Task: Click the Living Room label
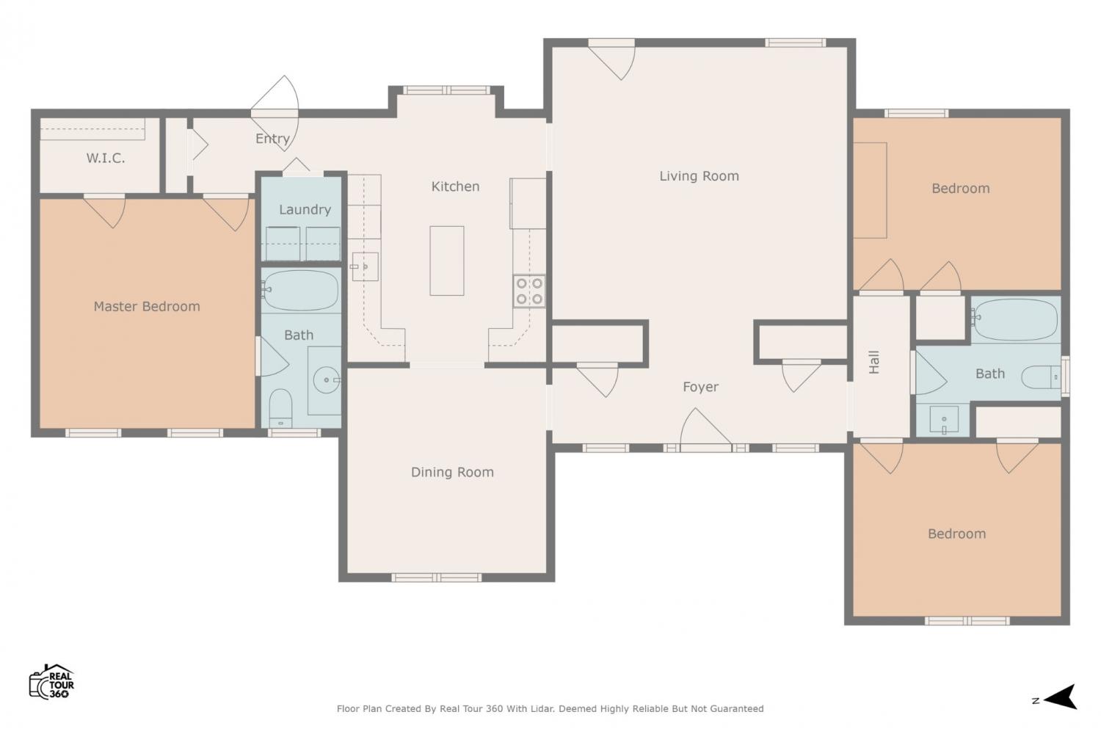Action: tap(699, 176)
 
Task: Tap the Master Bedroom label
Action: tap(147, 306)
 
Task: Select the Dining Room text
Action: tap(452, 472)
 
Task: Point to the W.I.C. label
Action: tap(105, 158)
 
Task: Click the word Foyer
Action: tap(700, 387)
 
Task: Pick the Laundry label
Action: tap(305, 209)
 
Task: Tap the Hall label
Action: tap(874, 363)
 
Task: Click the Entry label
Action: tap(272, 139)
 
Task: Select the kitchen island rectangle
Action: tap(447, 261)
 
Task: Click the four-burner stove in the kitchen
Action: tap(529, 291)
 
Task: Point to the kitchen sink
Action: tap(365, 266)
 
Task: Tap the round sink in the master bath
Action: tap(327, 379)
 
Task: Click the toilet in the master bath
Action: tap(280, 408)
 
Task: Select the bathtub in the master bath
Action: tap(300, 290)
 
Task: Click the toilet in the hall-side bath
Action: tap(1041, 377)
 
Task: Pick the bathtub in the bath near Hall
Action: tap(1015, 320)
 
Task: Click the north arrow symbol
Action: tap(1061, 697)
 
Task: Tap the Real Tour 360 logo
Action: tap(51, 681)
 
